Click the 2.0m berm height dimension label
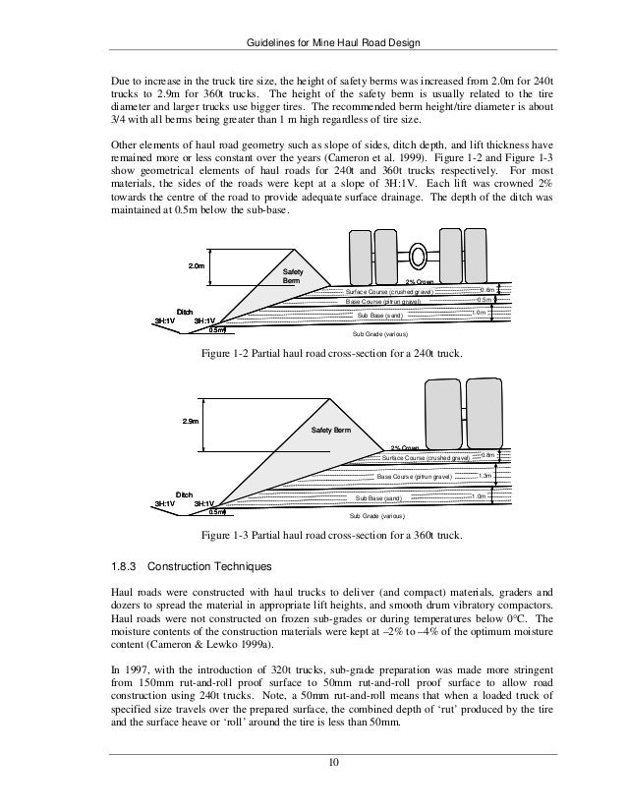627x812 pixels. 196,265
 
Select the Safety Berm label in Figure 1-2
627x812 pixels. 293,275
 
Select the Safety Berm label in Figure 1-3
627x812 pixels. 330,431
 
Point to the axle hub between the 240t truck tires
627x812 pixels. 419,257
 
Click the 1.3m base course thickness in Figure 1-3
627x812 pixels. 483,476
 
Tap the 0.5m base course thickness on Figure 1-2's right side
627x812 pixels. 483,300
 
